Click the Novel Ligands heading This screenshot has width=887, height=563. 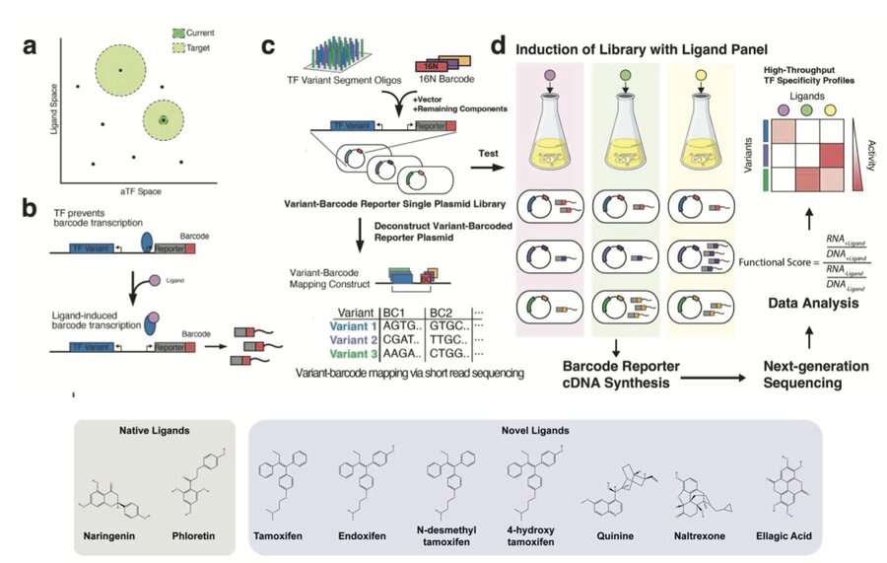click(x=544, y=431)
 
